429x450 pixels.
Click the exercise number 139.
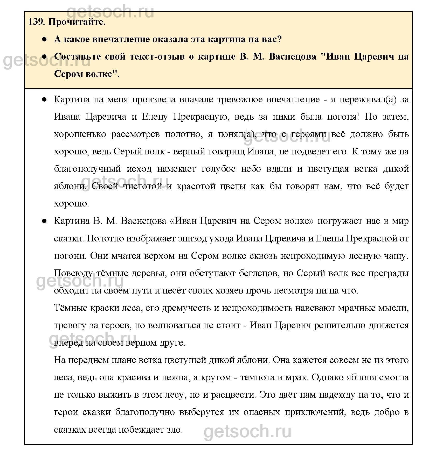tap(36, 22)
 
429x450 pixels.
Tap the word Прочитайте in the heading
tap(77, 22)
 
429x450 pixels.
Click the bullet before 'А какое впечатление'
tap(44, 39)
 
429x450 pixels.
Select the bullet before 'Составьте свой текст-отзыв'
tap(44, 56)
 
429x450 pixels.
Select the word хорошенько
tap(80, 134)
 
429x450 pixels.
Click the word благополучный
tap(87, 169)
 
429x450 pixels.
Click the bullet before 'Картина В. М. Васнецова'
tap(44, 221)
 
